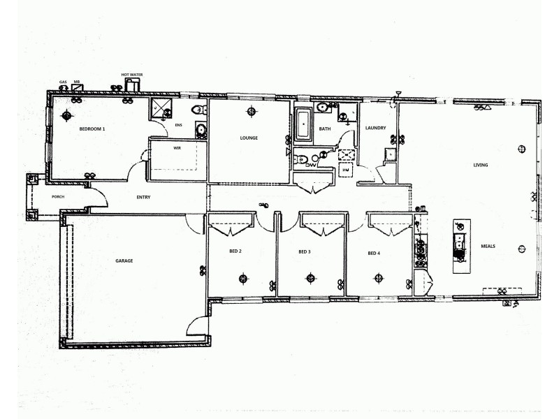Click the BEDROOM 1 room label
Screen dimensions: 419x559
click(92, 129)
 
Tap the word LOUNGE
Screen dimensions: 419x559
click(249, 138)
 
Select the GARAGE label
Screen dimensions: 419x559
click(124, 260)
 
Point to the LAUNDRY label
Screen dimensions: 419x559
click(376, 128)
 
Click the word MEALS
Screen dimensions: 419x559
click(488, 246)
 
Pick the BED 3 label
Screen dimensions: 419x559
click(304, 251)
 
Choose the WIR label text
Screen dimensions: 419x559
click(177, 149)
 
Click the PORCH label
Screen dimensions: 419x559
click(58, 196)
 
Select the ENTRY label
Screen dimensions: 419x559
click(143, 197)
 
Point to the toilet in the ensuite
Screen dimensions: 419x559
click(198, 109)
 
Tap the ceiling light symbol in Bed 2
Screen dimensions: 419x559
click(242, 279)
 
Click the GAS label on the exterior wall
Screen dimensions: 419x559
click(63, 81)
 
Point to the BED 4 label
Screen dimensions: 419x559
click(374, 253)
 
